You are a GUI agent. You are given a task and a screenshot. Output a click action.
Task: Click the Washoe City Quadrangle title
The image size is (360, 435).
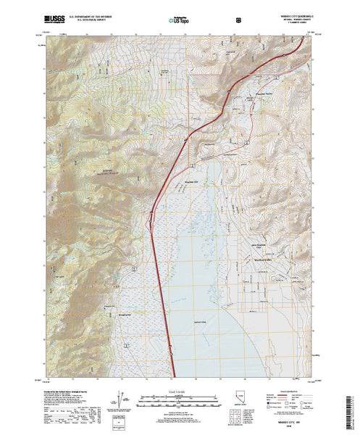(x=289, y=12)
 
